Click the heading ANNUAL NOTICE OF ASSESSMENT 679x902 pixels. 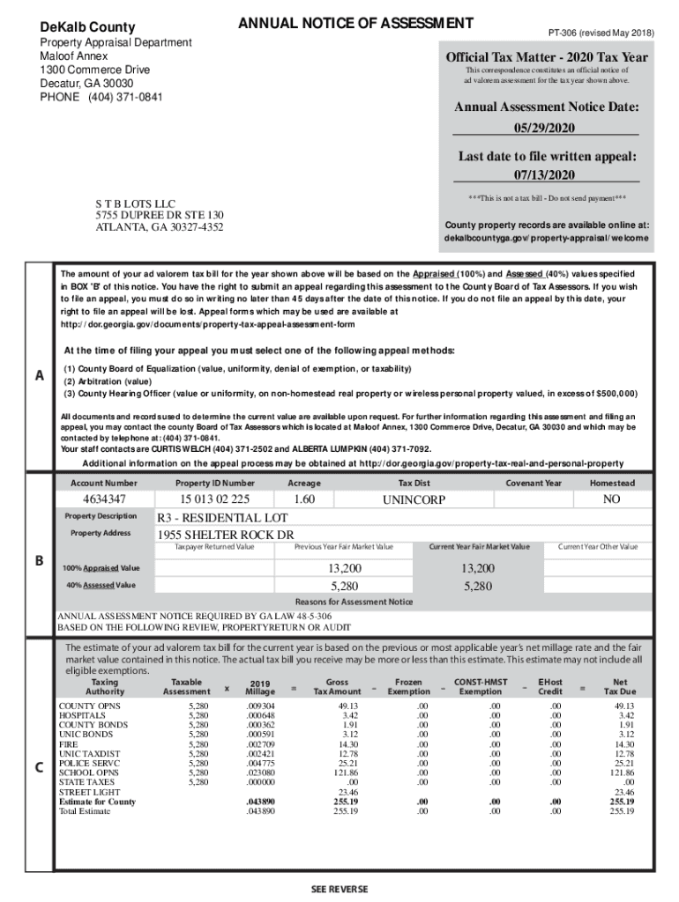(x=355, y=23)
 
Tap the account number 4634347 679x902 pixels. (x=103, y=499)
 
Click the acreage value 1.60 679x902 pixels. (x=304, y=499)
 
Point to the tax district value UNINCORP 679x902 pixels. (x=414, y=499)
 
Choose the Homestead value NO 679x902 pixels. (x=611, y=499)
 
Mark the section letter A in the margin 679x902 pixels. (x=39, y=376)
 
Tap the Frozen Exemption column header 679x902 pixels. (x=407, y=686)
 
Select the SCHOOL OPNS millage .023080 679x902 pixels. (x=260, y=773)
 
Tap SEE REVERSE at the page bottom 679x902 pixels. (x=339, y=889)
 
